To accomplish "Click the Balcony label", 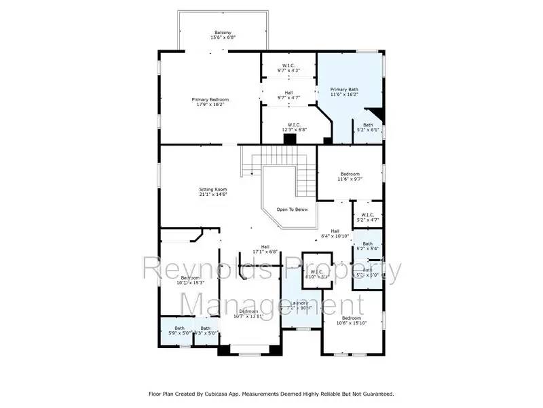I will click(x=223, y=33).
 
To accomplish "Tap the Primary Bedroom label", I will click(x=210, y=100).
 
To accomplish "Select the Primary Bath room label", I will click(x=343, y=89).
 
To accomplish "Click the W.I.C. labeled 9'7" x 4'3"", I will click(x=288, y=66).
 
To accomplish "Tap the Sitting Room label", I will click(x=212, y=190).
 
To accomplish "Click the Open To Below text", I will click(x=292, y=209).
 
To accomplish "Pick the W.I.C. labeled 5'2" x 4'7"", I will click(x=367, y=217).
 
